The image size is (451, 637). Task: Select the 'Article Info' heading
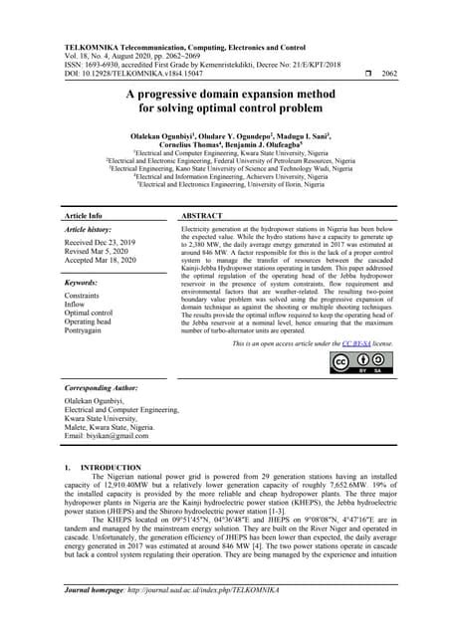[83, 215]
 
